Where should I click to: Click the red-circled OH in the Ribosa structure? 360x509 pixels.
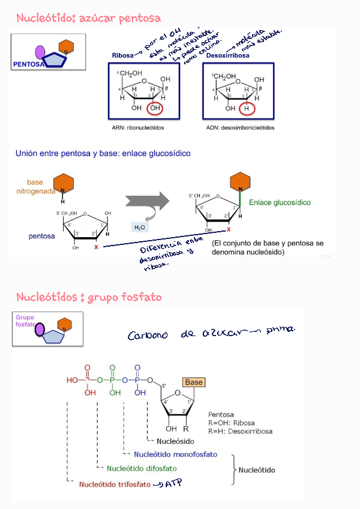[x=156, y=109]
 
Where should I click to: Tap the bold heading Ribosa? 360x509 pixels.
[x=122, y=56]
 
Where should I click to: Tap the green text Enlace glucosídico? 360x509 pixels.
[x=280, y=203]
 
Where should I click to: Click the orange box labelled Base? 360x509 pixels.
[x=194, y=382]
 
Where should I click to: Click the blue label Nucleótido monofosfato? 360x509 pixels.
[x=175, y=454]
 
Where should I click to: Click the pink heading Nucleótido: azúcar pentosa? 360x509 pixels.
[x=88, y=19]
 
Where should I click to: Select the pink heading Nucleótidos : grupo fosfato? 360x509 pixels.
[x=89, y=297]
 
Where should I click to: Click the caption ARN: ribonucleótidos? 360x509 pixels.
[x=137, y=128]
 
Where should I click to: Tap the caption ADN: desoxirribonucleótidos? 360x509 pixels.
[x=239, y=128]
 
